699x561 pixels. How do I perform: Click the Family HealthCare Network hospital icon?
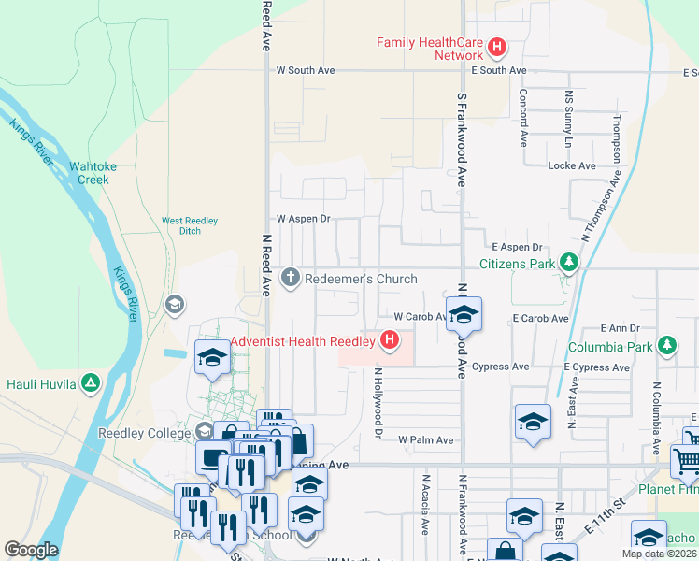coord(497,45)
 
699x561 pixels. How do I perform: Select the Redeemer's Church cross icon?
coord(291,278)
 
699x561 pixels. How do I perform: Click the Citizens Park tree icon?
coord(567,263)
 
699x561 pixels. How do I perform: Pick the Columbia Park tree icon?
coord(666,346)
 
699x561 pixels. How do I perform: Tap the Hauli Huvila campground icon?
coord(90,382)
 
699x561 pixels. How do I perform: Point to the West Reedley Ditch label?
coord(190,225)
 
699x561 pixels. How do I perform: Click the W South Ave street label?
coord(306,70)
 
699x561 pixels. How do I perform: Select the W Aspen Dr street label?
coord(304,218)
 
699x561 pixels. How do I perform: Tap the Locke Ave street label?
coord(572,165)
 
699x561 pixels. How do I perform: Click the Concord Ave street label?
coord(523,117)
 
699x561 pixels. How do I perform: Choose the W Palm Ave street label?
coord(425,439)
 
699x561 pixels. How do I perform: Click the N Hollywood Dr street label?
coord(378,402)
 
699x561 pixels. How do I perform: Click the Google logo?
coord(31,550)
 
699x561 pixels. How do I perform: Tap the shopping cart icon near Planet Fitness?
coord(686,460)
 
